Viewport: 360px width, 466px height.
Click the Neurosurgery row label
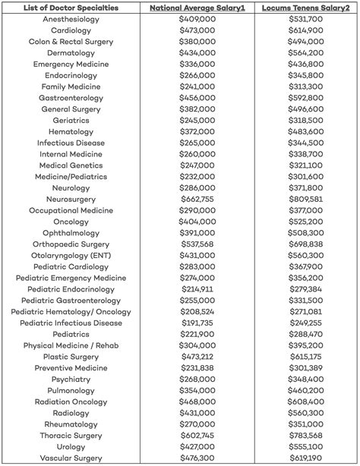(71, 199)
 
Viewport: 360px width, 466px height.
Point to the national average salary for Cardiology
(197, 30)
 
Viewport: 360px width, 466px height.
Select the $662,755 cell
(197, 199)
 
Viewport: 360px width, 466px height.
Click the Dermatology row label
(71, 53)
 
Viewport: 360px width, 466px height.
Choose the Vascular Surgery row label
(71, 458)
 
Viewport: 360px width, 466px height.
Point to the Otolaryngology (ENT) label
(71, 255)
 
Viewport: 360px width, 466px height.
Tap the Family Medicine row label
(71, 87)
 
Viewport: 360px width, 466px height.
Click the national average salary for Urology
(197, 446)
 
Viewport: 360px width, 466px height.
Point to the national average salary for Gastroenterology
(197, 98)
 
